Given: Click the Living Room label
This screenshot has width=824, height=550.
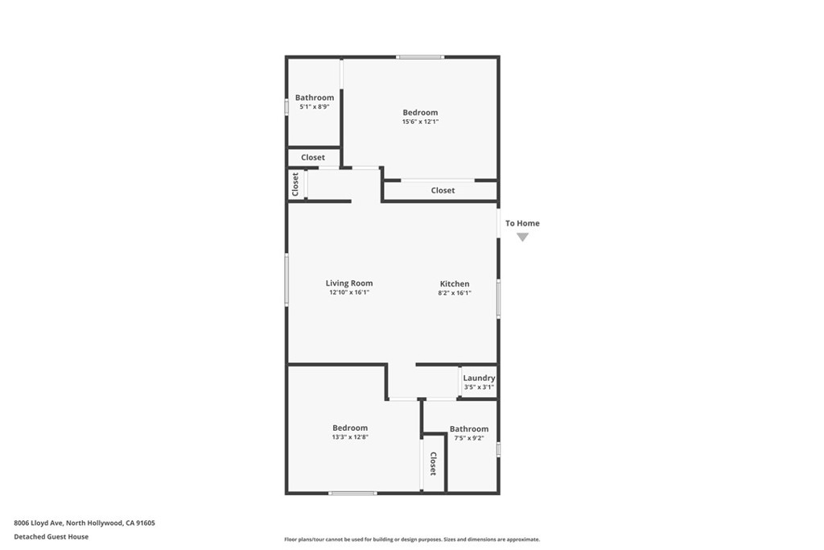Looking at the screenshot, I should [348, 283].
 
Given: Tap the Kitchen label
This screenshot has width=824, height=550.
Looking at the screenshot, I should [455, 283].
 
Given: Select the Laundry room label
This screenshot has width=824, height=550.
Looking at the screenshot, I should [479, 378].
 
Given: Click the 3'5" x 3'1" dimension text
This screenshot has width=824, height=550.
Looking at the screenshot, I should [479, 387].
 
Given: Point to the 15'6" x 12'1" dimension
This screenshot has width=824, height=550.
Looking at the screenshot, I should [420, 122].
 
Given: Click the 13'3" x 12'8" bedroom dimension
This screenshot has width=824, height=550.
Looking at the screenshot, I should [350, 437].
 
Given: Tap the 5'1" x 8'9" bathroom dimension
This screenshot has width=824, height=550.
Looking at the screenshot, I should [314, 106].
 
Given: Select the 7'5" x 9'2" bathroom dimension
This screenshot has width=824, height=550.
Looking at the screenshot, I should [468, 438].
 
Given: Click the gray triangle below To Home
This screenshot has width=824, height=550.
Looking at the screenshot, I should [522, 237].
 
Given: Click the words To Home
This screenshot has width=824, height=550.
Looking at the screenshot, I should [522, 223].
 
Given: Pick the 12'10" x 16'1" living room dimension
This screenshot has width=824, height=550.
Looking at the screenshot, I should [348, 293].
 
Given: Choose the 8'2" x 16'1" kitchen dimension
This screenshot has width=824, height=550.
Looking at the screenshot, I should [455, 293].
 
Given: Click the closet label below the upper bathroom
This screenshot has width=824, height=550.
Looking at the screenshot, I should [313, 158].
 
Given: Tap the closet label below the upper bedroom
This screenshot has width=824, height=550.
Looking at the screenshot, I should [443, 191].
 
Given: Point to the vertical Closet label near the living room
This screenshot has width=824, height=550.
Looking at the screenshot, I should [295, 184].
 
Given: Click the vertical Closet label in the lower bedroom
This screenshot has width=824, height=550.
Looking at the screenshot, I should [433, 464].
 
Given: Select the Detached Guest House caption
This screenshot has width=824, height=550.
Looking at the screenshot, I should [51, 536].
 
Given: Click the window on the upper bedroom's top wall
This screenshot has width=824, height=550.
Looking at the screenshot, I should [419, 57].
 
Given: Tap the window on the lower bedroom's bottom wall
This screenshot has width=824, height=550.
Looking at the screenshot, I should [352, 493].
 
